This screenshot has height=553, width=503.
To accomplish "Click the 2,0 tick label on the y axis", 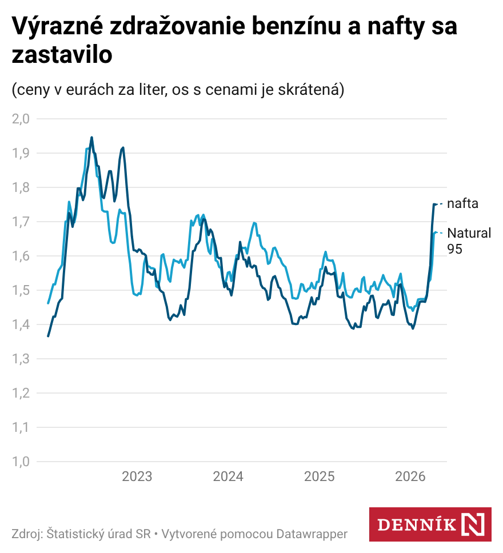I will pyautogui.click(x=20, y=119).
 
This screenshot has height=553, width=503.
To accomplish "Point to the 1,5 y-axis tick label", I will pyautogui.click(x=20, y=290).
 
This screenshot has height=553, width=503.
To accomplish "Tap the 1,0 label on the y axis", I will pyautogui.click(x=20, y=462).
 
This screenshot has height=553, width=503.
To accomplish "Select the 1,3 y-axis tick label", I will pyautogui.click(x=20, y=359).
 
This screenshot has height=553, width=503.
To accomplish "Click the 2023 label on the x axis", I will pyautogui.click(x=137, y=476).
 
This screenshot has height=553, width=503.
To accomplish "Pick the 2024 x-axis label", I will pyautogui.click(x=228, y=476).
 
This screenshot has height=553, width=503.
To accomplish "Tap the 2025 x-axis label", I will pyautogui.click(x=319, y=476).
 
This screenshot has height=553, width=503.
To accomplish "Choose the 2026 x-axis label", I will pyautogui.click(x=410, y=476).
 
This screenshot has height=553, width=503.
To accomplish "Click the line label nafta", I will pyautogui.click(x=462, y=203).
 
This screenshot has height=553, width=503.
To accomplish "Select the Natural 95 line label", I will pyautogui.click(x=469, y=241).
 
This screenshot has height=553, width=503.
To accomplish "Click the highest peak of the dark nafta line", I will pyautogui.click(x=91, y=137).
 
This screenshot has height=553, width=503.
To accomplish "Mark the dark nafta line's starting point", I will pyautogui.click(x=48, y=336).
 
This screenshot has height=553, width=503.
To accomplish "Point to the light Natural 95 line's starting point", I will pyautogui.click(x=48, y=303).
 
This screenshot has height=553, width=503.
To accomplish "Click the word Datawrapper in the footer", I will pyautogui.click(x=312, y=534).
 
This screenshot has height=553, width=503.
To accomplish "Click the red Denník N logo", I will pyautogui.click(x=430, y=524).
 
